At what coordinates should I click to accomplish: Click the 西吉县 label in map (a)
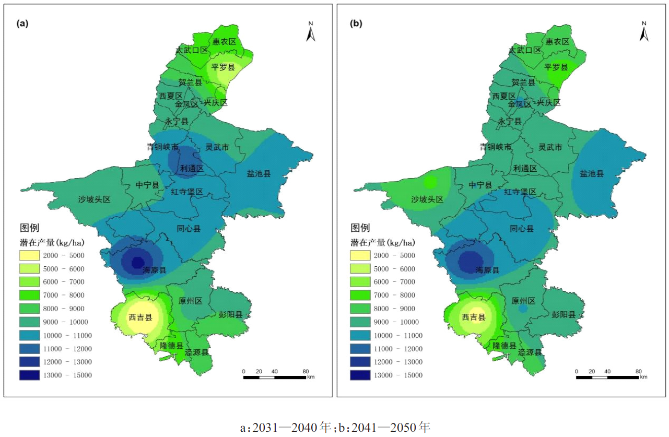[x=140, y=317]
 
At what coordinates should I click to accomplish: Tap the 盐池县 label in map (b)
[x=592, y=173]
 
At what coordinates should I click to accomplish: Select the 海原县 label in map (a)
[x=155, y=270]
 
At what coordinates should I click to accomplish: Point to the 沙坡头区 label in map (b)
[x=427, y=199]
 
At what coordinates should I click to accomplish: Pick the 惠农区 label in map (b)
[x=557, y=42]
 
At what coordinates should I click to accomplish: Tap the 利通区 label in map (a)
[x=192, y=168]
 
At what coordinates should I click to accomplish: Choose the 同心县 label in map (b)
[x=522, y=229]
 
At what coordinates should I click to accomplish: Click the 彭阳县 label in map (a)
[x=230, y=314]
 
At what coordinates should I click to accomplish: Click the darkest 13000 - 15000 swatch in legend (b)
[x=360, y=375]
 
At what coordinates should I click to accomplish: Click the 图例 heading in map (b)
[x=360, y=228]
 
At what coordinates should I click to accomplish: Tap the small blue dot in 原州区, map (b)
[x=523, y=309]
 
